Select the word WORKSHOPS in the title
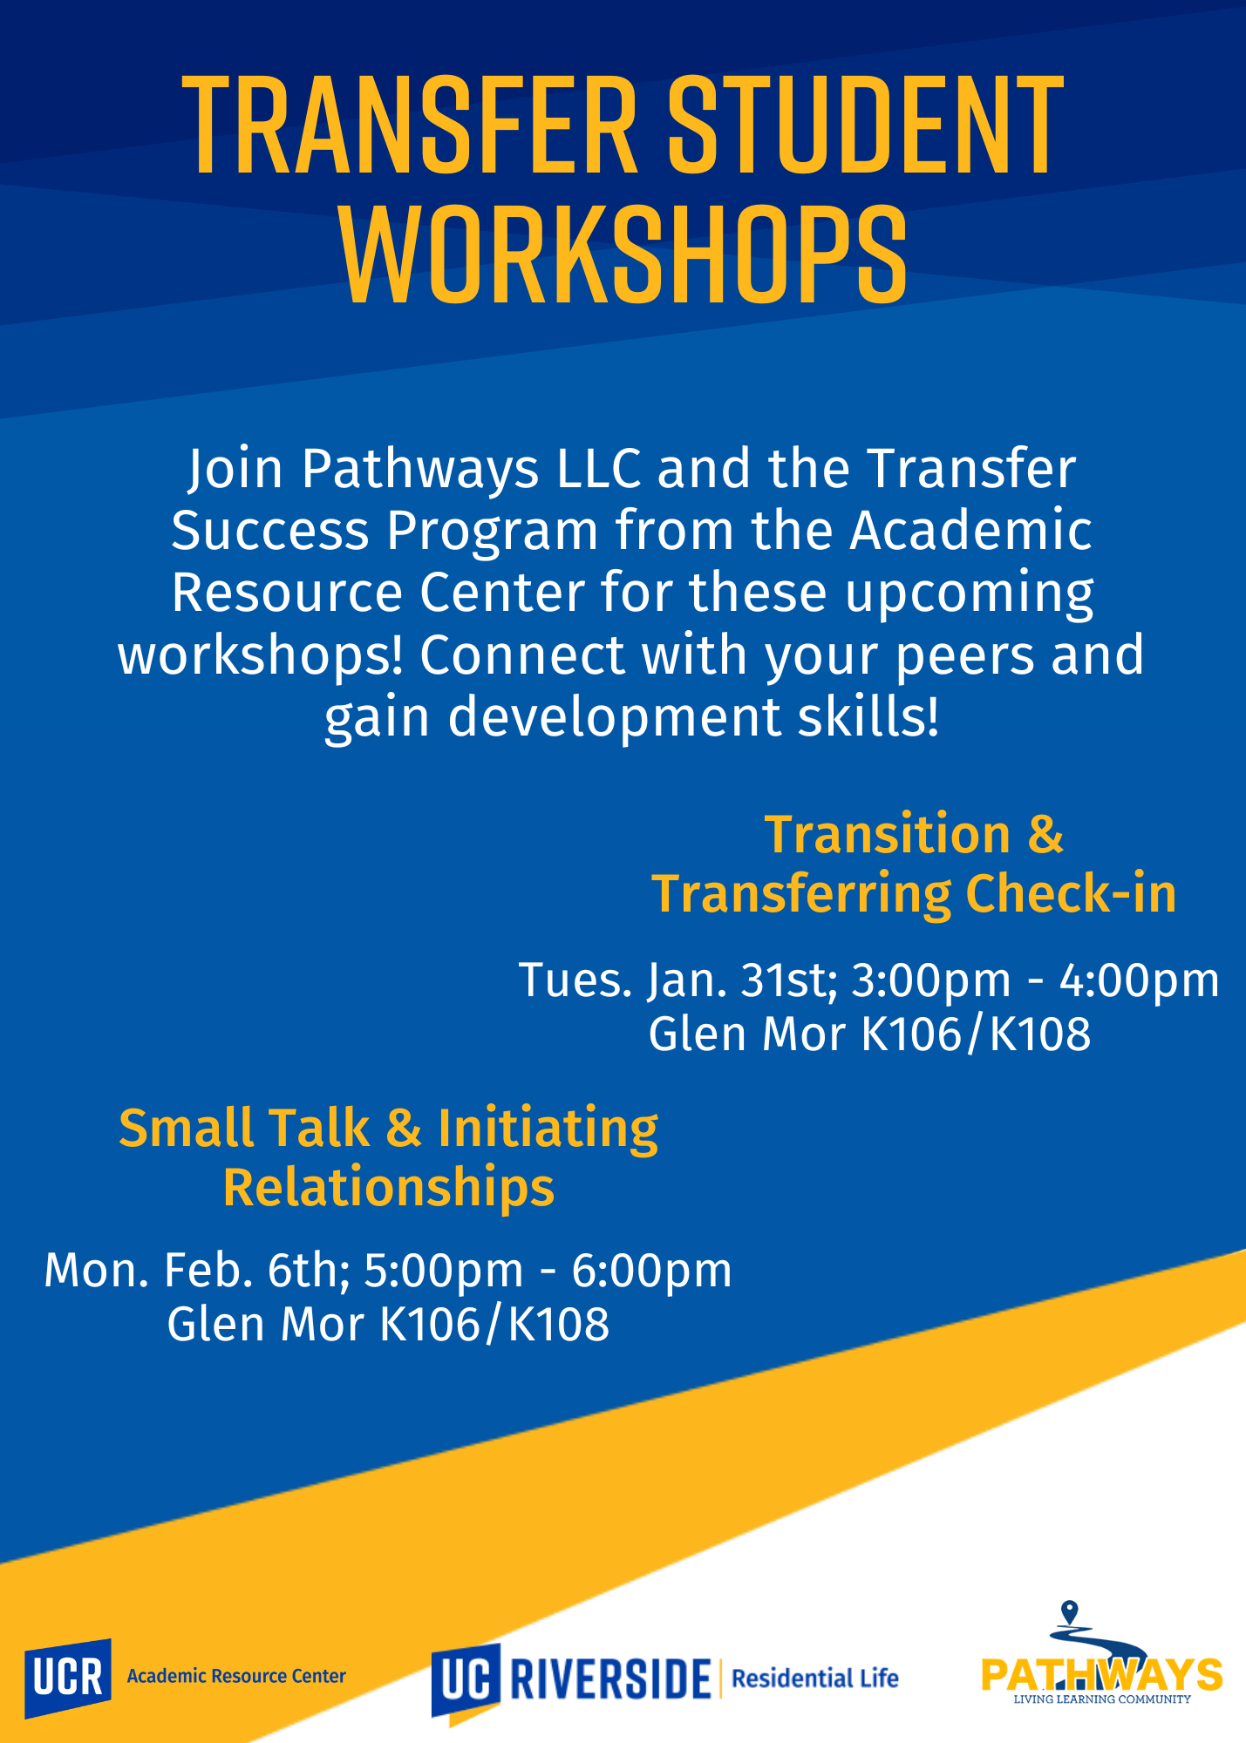pyautogui.click(x=623, y=255)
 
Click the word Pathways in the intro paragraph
pyautogui.click(x=420, y=469)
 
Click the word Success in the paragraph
pyautogui.click(x=270, y=530)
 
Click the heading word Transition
pyautogui.click(x=888, y=834)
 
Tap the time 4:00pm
pyautogui.click(x=1139, y=981)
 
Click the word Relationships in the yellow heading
pyautogui.click(x=389, y=1188)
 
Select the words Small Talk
pyautogui.click(x=244, y=1128)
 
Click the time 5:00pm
pyautogui.click(x=444, y=1272)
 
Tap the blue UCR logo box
pyautogui.click(x=68, y=1679)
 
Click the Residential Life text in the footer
pyautogui.click(x=815, y=1678)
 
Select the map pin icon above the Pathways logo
pyautogui.click(x=1071, y=1613)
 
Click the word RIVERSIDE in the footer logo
pyautogui.click(x=610, y=1679)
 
